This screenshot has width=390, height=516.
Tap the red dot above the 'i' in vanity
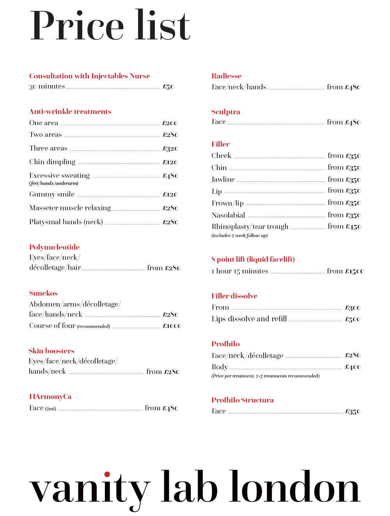pos(107,474)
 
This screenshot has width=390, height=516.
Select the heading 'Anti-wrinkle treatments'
pos(70,112)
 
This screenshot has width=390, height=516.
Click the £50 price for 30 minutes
pos(168,87)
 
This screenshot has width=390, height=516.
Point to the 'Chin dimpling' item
pos(52,162)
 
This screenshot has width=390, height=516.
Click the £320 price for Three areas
pos(170,149)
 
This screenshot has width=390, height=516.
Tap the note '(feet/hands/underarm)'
pos(54,183)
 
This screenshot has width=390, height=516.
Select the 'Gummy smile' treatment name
pos(52,194)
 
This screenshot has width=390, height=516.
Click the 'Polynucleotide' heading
pos(55,247)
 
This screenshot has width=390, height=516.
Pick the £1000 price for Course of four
pos(172,326)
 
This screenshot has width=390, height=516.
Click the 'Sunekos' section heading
pos(43,293)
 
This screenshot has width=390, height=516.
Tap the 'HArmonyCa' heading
pos(50,397)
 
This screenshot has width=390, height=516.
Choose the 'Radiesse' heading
pos(227,76)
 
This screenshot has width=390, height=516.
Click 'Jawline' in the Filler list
pos(223,179)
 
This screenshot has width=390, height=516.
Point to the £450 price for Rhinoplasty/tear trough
pos(353,227)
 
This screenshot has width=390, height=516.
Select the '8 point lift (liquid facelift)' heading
pos(253,259)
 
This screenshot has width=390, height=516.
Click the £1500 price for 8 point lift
pos(355,271)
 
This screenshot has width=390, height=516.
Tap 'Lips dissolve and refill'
pos(249,319)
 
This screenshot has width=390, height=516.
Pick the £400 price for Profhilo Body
pos(353,367)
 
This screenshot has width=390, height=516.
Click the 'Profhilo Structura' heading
pos(243,400)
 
